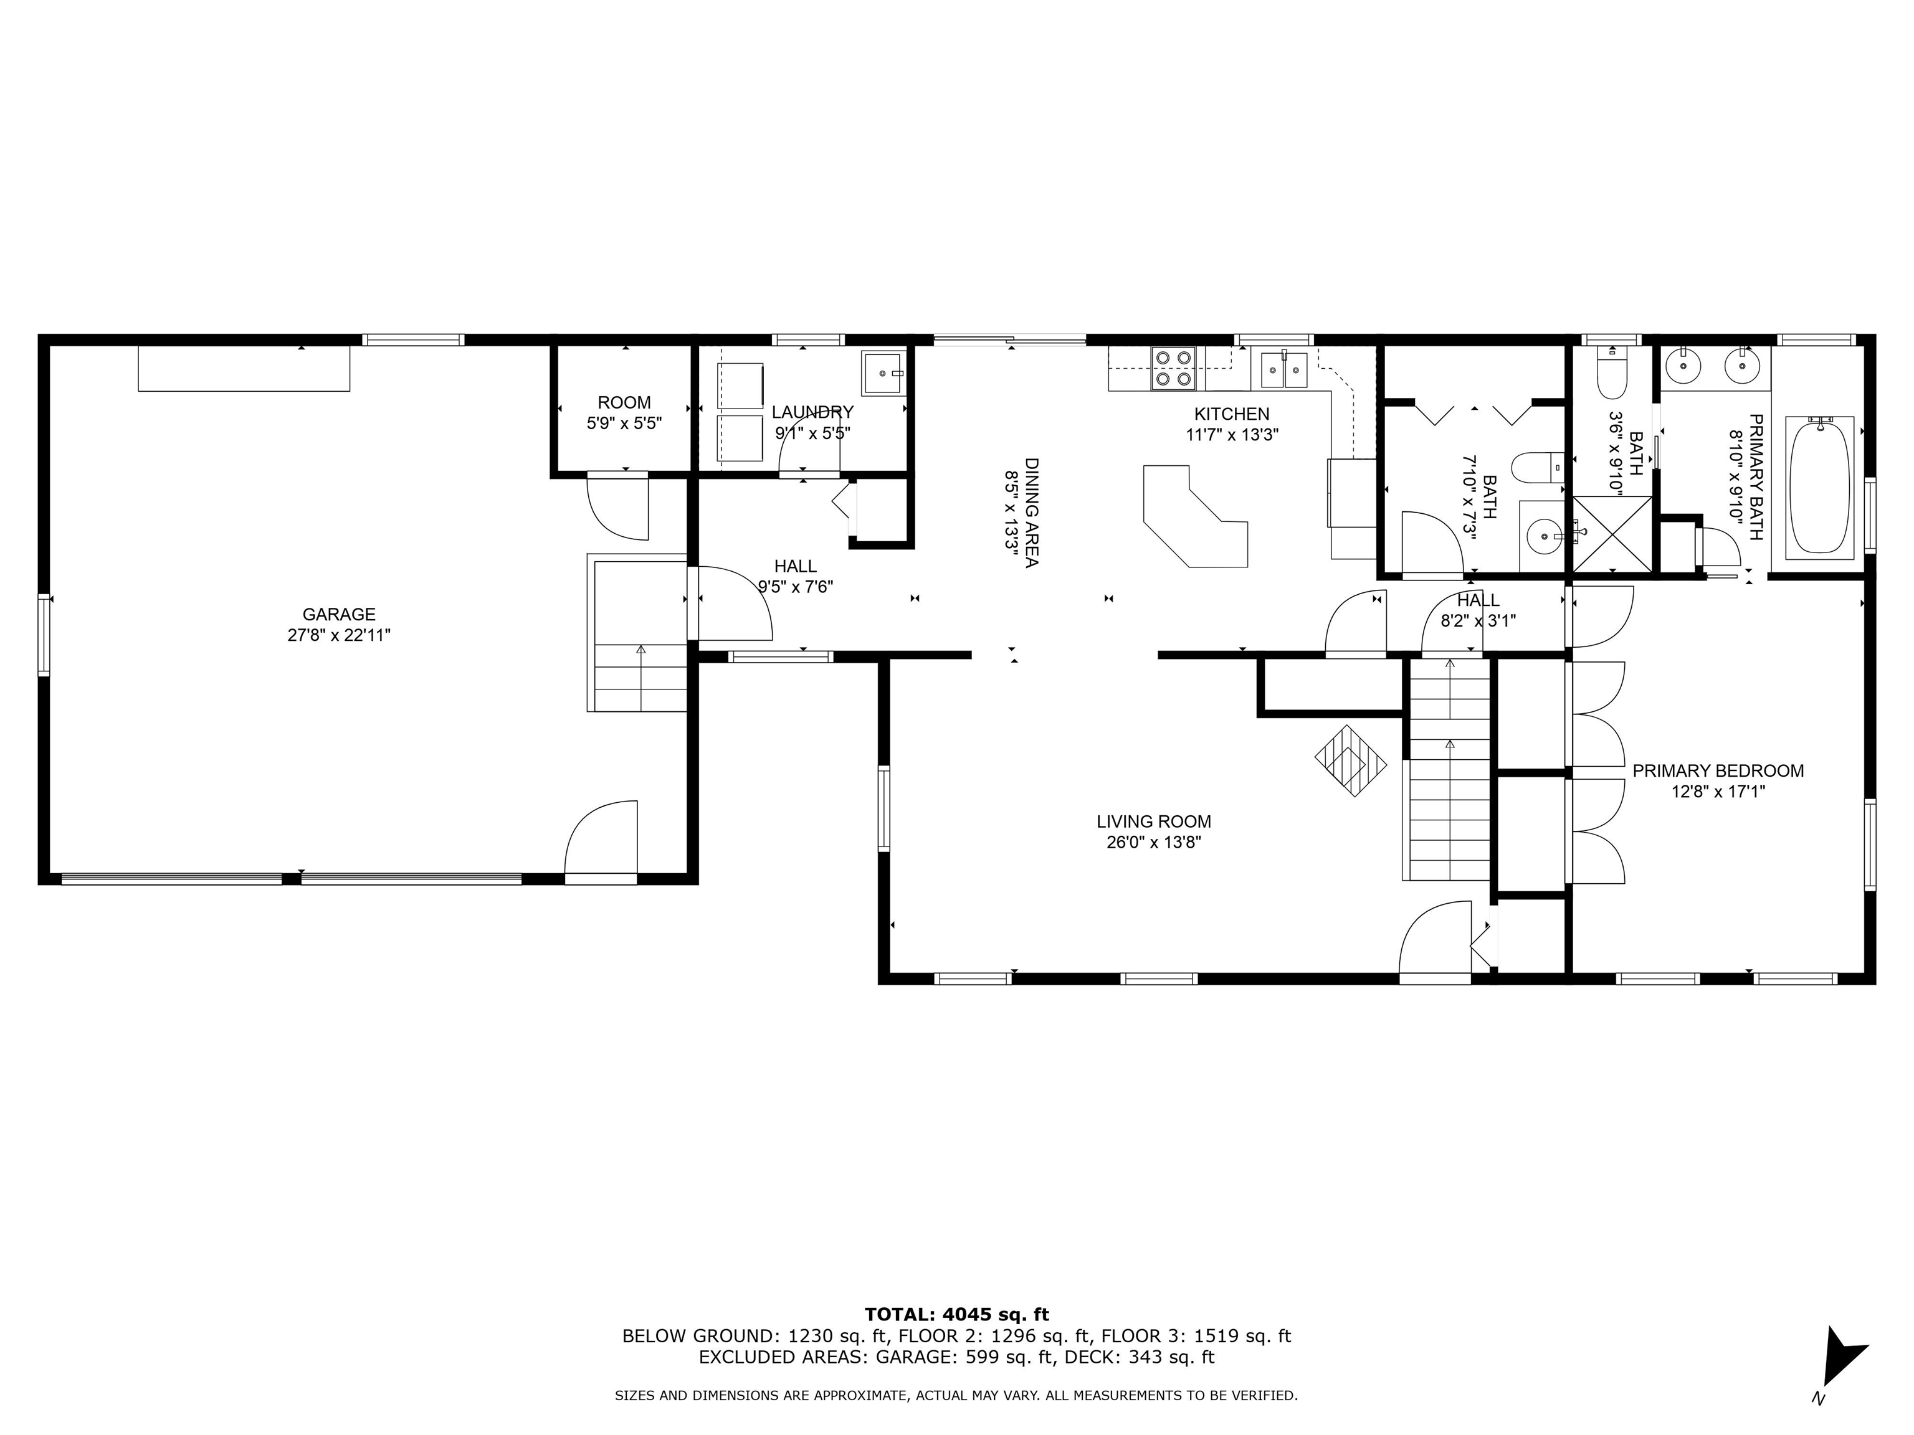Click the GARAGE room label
(338, 614)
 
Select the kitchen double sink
(1283, 370)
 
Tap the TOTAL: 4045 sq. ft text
(956, 1315)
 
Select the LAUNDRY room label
(812, 412)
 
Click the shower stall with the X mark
(1612, 534)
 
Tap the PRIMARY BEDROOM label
(1718, 770)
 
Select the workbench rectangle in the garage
(244, 369)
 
